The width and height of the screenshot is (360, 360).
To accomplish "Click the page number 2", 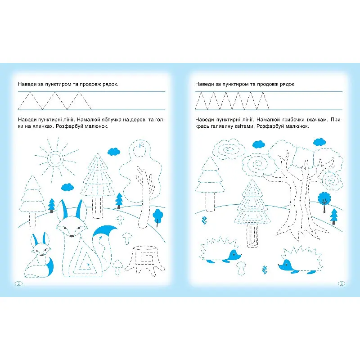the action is click(x=19, y=283).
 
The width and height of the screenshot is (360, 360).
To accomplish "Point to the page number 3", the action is click(x=341, y=283).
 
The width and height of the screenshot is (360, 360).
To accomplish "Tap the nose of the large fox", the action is click(x=72, y=236).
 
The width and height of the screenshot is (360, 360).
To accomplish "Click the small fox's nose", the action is click(x=41, y=255).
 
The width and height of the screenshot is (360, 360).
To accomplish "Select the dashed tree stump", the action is click(x=145, y=260).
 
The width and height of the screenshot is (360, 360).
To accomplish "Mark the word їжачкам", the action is click(x=317, y=119).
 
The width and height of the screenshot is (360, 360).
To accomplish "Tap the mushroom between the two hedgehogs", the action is click(x=241, y=267).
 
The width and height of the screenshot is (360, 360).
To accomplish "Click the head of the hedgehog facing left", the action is click(x=285, y=265).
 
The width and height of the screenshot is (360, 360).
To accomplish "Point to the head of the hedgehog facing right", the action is click(x=234, y=254).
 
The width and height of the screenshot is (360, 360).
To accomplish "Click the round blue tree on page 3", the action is click(x=324, y=198).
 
